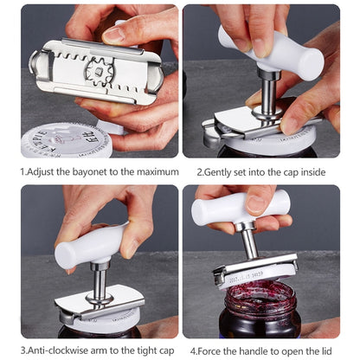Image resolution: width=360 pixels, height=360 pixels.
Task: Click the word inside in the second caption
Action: pos(312,171)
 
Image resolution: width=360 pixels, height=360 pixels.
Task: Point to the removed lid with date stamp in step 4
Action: pos(255,275)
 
